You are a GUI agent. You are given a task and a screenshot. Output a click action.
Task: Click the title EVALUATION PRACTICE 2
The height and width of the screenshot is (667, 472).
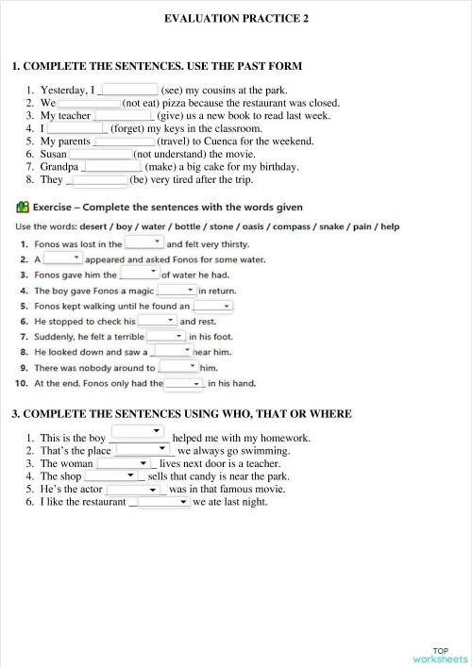[x=236, y=18]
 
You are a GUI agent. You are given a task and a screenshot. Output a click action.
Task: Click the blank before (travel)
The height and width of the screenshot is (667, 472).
[x=124, y=142]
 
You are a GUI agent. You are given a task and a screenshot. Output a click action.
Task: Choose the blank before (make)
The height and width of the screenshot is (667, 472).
[x=112, y=167]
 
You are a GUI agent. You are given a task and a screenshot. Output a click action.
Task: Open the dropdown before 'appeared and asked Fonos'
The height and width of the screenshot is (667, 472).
[x=63, y=258]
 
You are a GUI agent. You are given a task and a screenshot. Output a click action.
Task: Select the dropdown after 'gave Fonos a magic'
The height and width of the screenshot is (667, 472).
[x=176, y=291]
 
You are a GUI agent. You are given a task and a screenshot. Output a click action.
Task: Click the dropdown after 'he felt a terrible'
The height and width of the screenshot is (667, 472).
[x=166, y=336]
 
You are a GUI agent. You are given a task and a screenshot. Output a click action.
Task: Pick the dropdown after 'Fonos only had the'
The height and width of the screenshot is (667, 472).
[x=184, y=383]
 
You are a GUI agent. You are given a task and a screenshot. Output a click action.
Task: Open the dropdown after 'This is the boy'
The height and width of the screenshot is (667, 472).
[x=139, y=432]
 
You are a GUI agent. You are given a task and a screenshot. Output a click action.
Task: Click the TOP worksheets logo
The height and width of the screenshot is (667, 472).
[x=440, y=654]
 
